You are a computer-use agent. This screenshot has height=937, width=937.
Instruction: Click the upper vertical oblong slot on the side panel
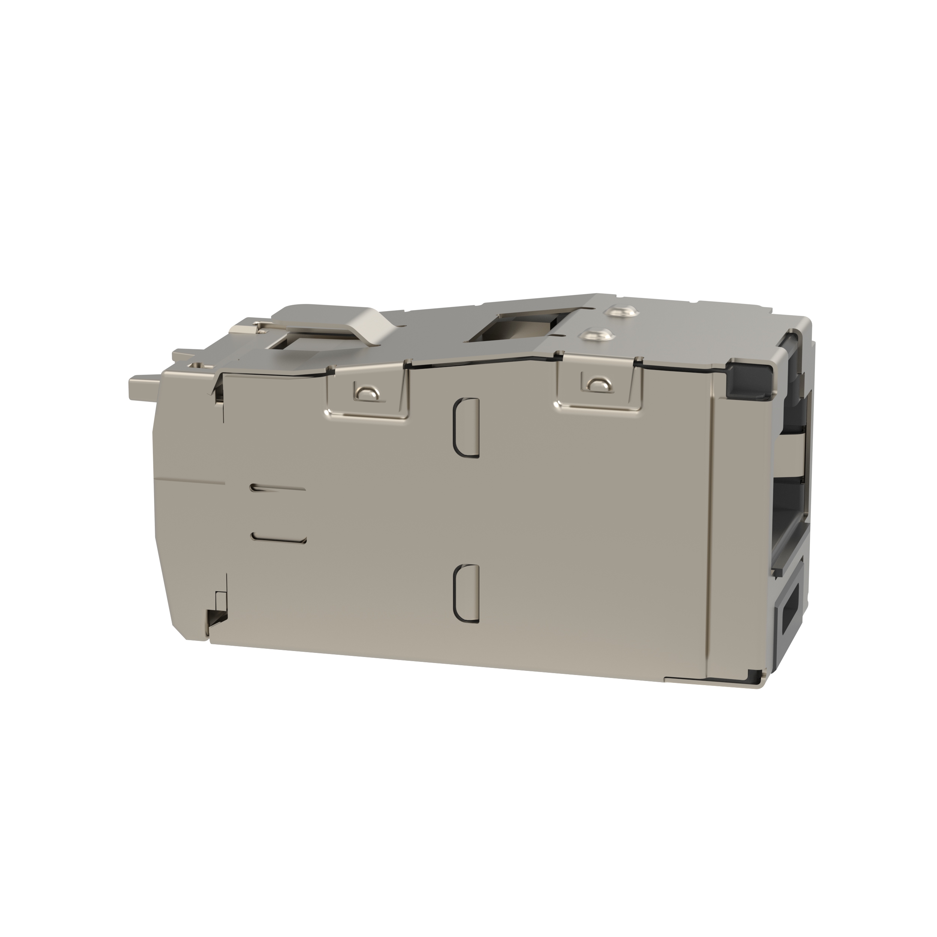coord(467,427)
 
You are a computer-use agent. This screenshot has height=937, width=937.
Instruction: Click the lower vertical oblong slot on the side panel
coord(467,593)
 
